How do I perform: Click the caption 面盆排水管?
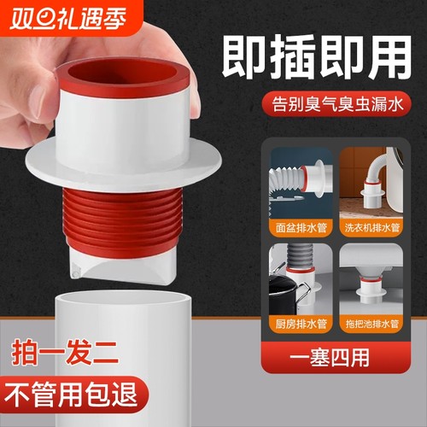tap(301, 228)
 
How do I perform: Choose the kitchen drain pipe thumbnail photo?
tap(301, 282)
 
